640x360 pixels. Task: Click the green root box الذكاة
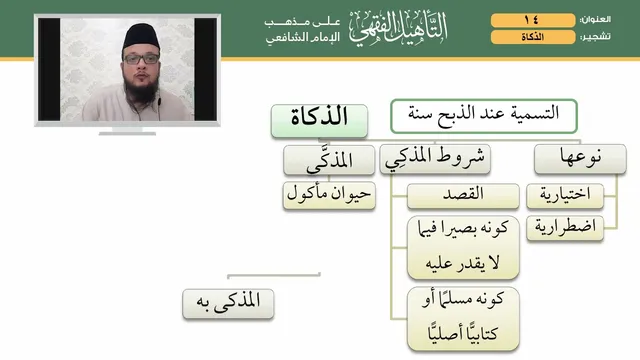click(x=319, y=121)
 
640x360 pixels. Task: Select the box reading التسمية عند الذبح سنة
click(x=484, y=116)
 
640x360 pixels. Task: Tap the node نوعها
click(x=580, y=159)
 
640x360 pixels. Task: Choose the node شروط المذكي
click(x=435, y=159)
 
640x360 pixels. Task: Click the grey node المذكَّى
click(x=329, y=160)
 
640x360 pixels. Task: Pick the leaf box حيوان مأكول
click(x=329, y=195)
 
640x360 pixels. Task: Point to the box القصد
click(x=463, y=196)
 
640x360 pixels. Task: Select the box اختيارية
click(x=565, y=196)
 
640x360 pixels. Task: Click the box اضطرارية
click(x=565, y=228)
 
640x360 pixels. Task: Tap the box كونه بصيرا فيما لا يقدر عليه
click(x=463, y=247)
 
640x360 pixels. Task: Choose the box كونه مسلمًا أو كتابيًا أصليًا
click(x=463, y=318)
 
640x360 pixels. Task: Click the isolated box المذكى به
click(x=228, y=304)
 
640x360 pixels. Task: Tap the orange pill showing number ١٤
click(x=533, y=20)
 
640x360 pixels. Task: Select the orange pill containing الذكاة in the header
click(x=533, y=37)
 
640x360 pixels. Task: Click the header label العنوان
click(x=596, y=20)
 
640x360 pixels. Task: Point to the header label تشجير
click(x=596, y=37)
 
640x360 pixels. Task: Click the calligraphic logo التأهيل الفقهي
click(x=398, y=29)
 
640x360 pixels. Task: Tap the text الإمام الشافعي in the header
click(x=303, y=38)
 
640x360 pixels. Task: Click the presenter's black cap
click(x=141, y=37)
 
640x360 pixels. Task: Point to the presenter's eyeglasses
click(x=141, y=59)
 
